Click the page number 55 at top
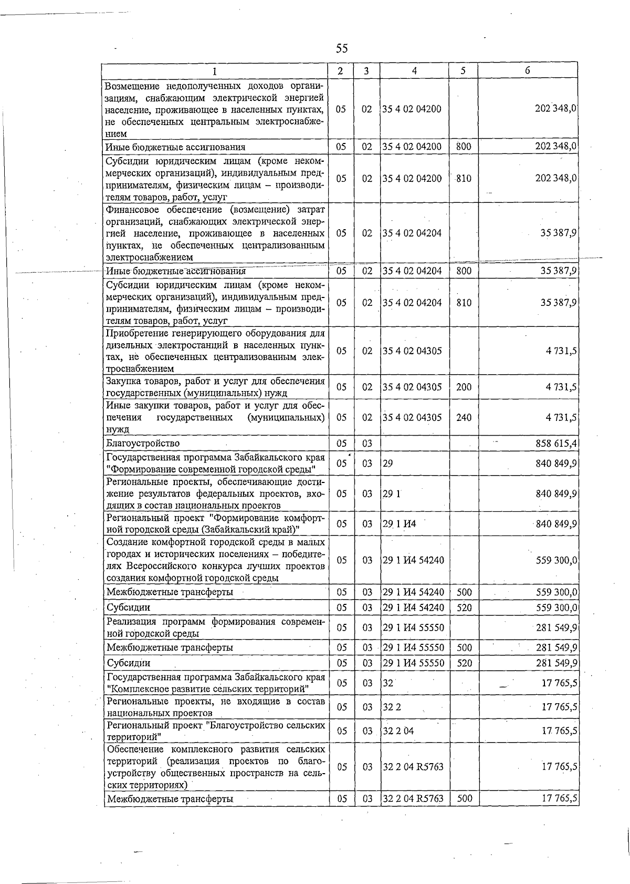(342, 49)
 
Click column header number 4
(414, 71)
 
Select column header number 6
(527, 71)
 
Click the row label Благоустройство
(143, 443)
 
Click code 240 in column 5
(464, 417)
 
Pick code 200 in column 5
(464, 387)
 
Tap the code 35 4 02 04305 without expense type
(412, 351)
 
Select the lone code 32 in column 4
(388, 683)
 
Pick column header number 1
(215, 71)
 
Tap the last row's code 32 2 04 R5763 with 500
(413, 798)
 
